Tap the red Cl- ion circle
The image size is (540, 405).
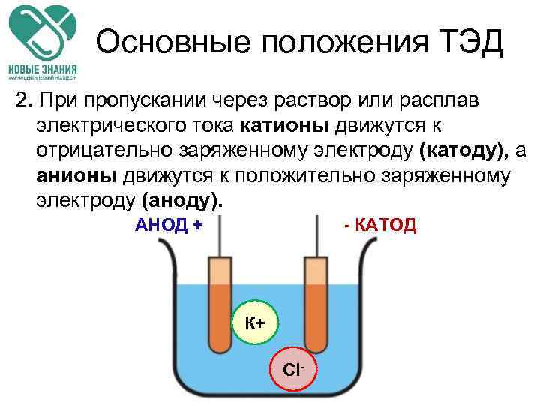293,370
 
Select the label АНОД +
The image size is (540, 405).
169,225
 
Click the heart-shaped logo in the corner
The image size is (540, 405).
43,30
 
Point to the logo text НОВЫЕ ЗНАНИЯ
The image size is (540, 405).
43,66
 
